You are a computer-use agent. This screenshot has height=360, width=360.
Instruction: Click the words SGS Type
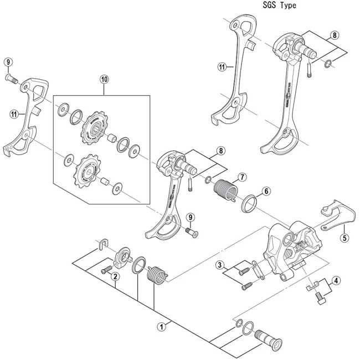pos(276,6)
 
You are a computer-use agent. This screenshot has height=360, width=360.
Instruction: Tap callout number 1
pos(162,327)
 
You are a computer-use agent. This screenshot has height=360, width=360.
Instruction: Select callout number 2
pos(115,276)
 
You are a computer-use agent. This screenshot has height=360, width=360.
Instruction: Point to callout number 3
pos(220,265)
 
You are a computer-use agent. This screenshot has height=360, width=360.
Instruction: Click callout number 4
pos(337,281)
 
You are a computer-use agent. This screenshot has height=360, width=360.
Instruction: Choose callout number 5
pos(344,239)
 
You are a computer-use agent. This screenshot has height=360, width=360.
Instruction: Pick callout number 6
pos(266,191)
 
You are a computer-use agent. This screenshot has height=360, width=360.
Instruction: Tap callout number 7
pos(241,178)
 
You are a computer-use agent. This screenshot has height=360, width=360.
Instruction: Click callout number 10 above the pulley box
pos(105,79)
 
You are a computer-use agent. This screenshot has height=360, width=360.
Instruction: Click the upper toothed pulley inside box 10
pos(91,126)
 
